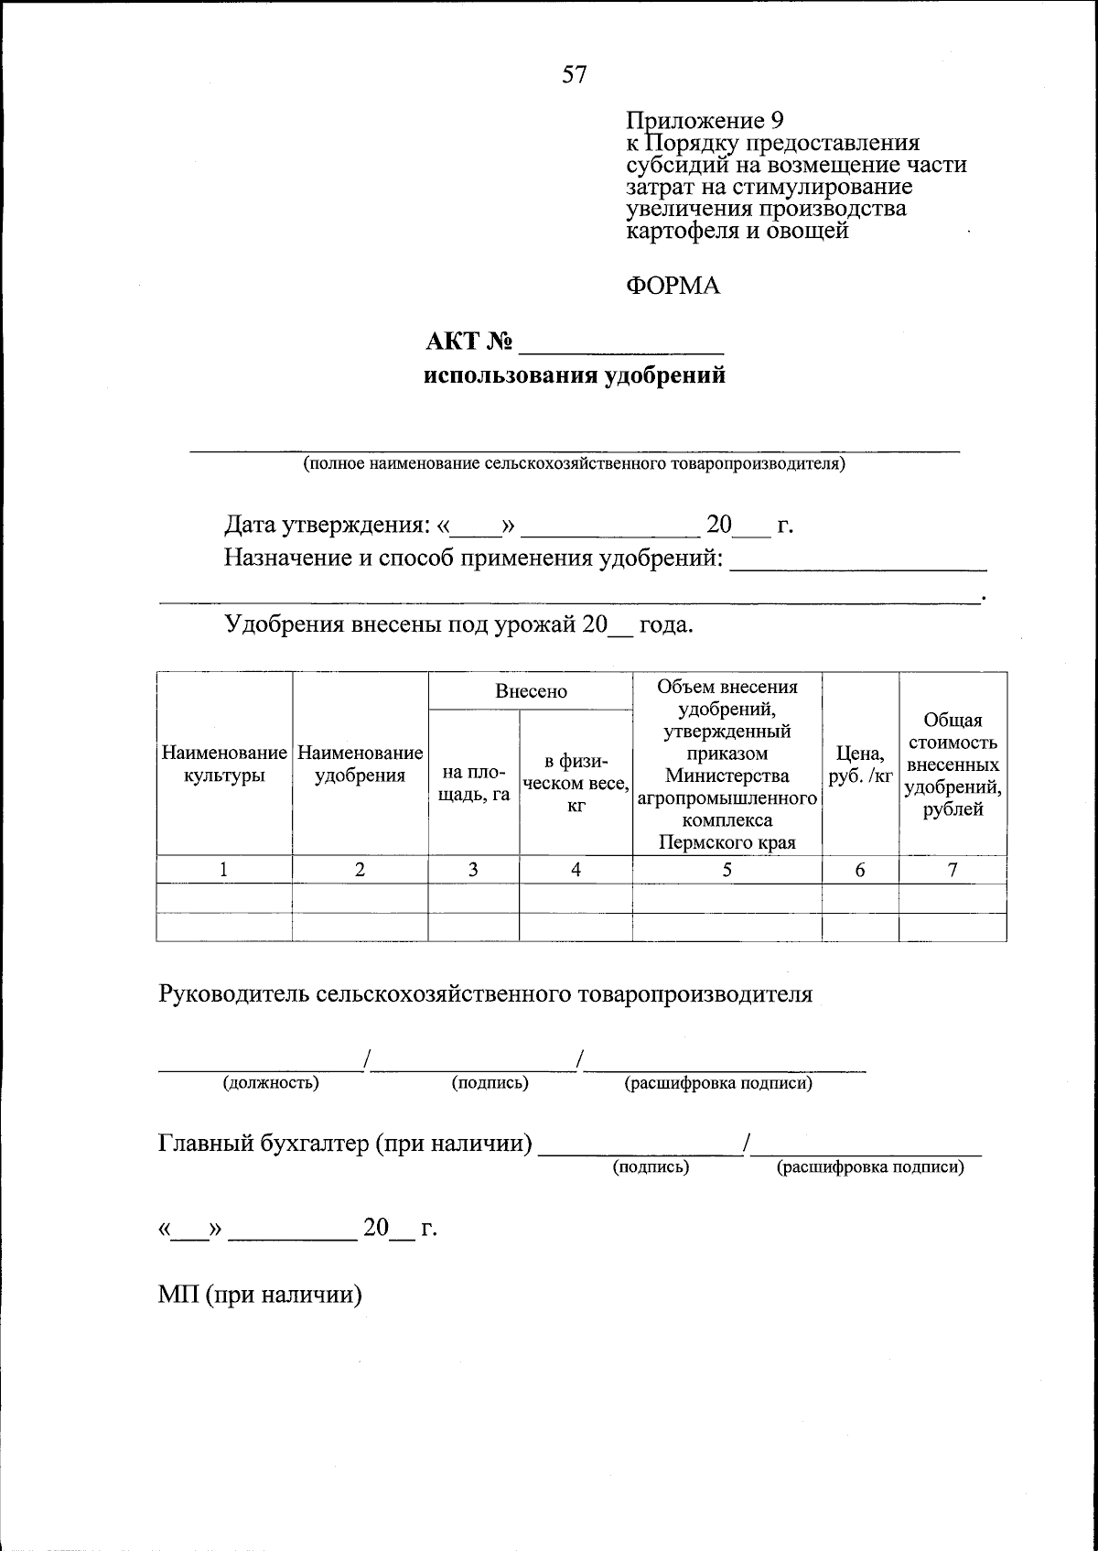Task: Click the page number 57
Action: coord(575,75)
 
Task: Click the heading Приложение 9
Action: coord(705,121)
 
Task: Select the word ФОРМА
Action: coord(673,287)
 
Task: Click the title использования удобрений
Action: coord(575,376)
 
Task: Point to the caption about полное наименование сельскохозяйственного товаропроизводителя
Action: coord(575,463)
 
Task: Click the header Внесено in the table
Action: coord(531,692)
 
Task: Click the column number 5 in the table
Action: coord(727,871)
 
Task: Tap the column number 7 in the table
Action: coord(953,871)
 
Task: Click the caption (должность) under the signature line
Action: coord(271,1083)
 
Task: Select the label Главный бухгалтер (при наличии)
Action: coord(345,1144)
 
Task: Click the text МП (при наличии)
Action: coord(260,1295)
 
